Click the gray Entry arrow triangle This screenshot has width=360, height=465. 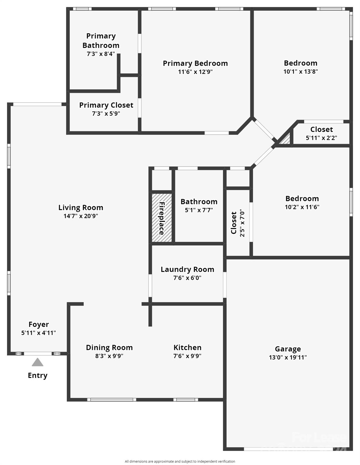(x=38, y=362)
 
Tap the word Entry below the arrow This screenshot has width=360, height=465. (x=38, y=375)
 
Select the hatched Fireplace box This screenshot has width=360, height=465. (x=162, y=217)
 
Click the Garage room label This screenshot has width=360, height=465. (x=288, y=349)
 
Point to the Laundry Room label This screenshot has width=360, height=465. (x=187, y=269)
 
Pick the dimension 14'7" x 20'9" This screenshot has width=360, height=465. (x=81, y=216)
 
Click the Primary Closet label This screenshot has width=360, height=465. (x=106, y=105)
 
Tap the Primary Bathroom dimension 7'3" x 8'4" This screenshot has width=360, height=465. (x=101, y=54)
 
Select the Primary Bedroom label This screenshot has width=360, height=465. (x=195, y=63)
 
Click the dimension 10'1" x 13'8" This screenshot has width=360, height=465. (x=301, y=72)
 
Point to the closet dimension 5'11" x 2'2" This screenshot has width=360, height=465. (x=321, y=138)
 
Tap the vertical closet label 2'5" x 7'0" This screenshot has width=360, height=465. (x=242, y=223)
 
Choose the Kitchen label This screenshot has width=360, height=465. (x=187, y=348)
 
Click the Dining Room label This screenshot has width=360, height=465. (x=109, y=348)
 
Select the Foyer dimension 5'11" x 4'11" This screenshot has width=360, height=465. (x=38, y=333)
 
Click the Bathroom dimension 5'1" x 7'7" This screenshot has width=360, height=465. (x=199, y=210)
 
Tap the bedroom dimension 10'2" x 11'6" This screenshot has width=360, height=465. (x=302, y=207)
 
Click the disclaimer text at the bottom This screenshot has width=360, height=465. (x=180, y=461)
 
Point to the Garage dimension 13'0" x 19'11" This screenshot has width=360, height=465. (x=288, y=358)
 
